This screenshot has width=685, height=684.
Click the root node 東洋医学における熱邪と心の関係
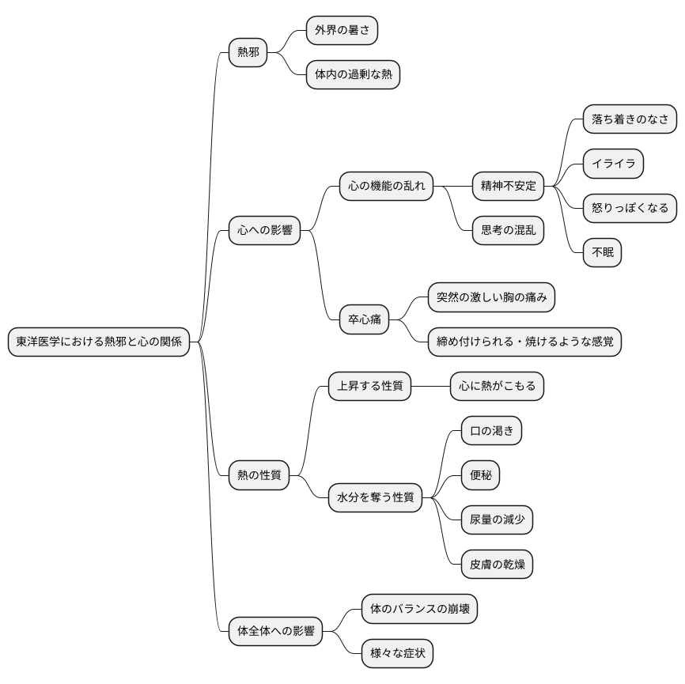pos(99,342)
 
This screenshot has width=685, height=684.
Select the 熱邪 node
pos(248,52)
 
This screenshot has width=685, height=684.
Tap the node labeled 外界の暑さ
pos(342,30)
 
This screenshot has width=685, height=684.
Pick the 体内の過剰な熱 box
pos(353,74)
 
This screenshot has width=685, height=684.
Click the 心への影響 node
pos(265,230)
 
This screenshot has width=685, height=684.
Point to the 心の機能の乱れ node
pos(386,186)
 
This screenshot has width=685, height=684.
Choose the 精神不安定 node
pos(508,186)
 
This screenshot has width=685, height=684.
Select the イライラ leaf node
pos(613,164)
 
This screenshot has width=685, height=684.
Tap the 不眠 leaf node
pos(603,252)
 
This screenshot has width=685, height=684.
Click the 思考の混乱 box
pos(508,230)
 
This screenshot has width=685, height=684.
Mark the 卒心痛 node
pos(365,319)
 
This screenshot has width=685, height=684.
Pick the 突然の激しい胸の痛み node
pos(491,297)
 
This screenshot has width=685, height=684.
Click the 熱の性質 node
pos(259,475)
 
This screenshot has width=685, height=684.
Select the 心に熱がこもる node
pos(498,386)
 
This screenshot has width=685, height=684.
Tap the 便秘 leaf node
pos(481,474)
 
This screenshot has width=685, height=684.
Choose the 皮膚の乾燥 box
pos(498,564)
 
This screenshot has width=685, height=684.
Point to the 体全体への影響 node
pos(275,631)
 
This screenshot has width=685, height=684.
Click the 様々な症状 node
pos(398,653)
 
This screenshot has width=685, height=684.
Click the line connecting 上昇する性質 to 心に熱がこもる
pos(431,386)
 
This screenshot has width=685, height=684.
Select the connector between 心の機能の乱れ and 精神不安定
pos(452,186)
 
